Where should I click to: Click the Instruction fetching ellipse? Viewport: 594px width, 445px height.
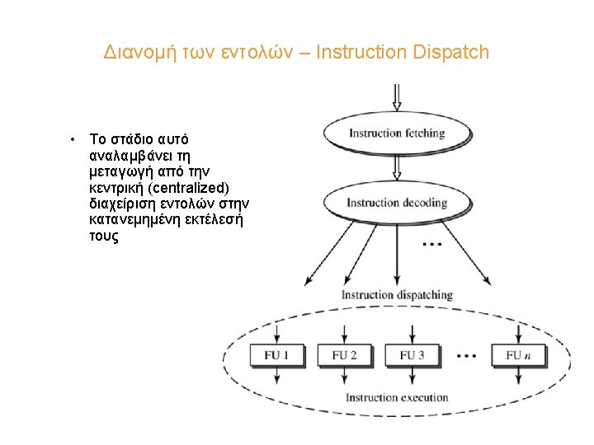397,133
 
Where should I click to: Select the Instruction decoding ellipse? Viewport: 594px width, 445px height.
397,203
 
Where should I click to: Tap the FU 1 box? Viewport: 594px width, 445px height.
277,356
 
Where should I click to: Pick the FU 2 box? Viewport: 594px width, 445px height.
345,356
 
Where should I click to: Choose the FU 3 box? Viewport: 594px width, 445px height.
412,356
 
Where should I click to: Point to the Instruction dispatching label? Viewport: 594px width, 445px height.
397,295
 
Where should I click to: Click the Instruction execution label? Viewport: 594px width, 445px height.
397,398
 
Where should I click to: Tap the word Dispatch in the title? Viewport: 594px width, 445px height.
451,53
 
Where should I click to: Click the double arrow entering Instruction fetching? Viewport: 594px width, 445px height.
397,97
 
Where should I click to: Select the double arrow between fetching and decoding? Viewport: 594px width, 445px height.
397,167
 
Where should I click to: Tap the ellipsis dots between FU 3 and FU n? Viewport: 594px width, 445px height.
466,356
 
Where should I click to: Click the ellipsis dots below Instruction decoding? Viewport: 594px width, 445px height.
431,245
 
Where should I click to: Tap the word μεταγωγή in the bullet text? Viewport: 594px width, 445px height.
119,171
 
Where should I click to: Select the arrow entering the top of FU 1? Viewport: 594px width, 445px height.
277,334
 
